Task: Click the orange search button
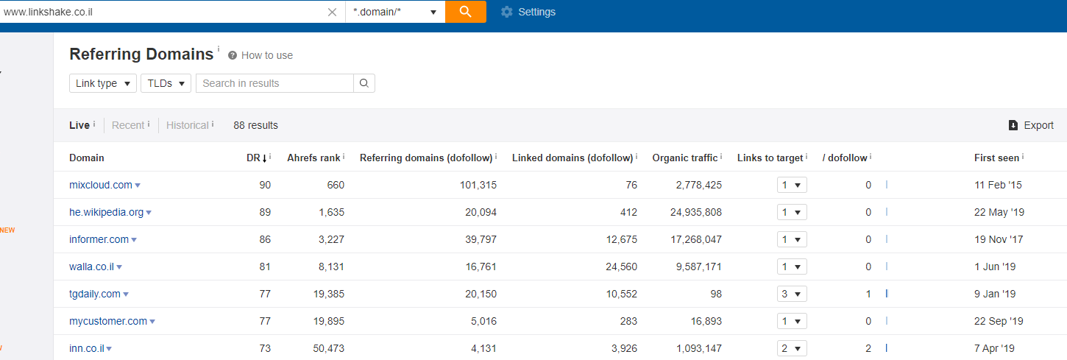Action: [x=465, y=12]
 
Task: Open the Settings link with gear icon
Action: [x=528, y=12]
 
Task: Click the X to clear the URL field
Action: [x=332, y=12]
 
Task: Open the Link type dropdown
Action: [x=103, y=83]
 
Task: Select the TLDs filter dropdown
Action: [x=166, y=83]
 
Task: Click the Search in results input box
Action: [x=275, y=83]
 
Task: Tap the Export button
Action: [x=1031, y=125]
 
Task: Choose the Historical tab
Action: [x=187, y=125]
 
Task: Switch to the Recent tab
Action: [x=127, y=125]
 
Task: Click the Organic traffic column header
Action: [x=684, y=158]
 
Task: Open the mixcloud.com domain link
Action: [x=101, y=185]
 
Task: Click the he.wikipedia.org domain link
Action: [x=106, y=212]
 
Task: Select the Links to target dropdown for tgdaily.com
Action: [x=792, y=294]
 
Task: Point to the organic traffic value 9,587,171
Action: [x=699, y=267]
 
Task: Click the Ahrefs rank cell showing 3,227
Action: [x=331, y=239]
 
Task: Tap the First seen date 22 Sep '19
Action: [x=999, y=322]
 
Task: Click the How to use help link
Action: [x=260, y=55]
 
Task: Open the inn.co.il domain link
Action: [x=87, y=348]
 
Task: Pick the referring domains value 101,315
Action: [x=478, y=185]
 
